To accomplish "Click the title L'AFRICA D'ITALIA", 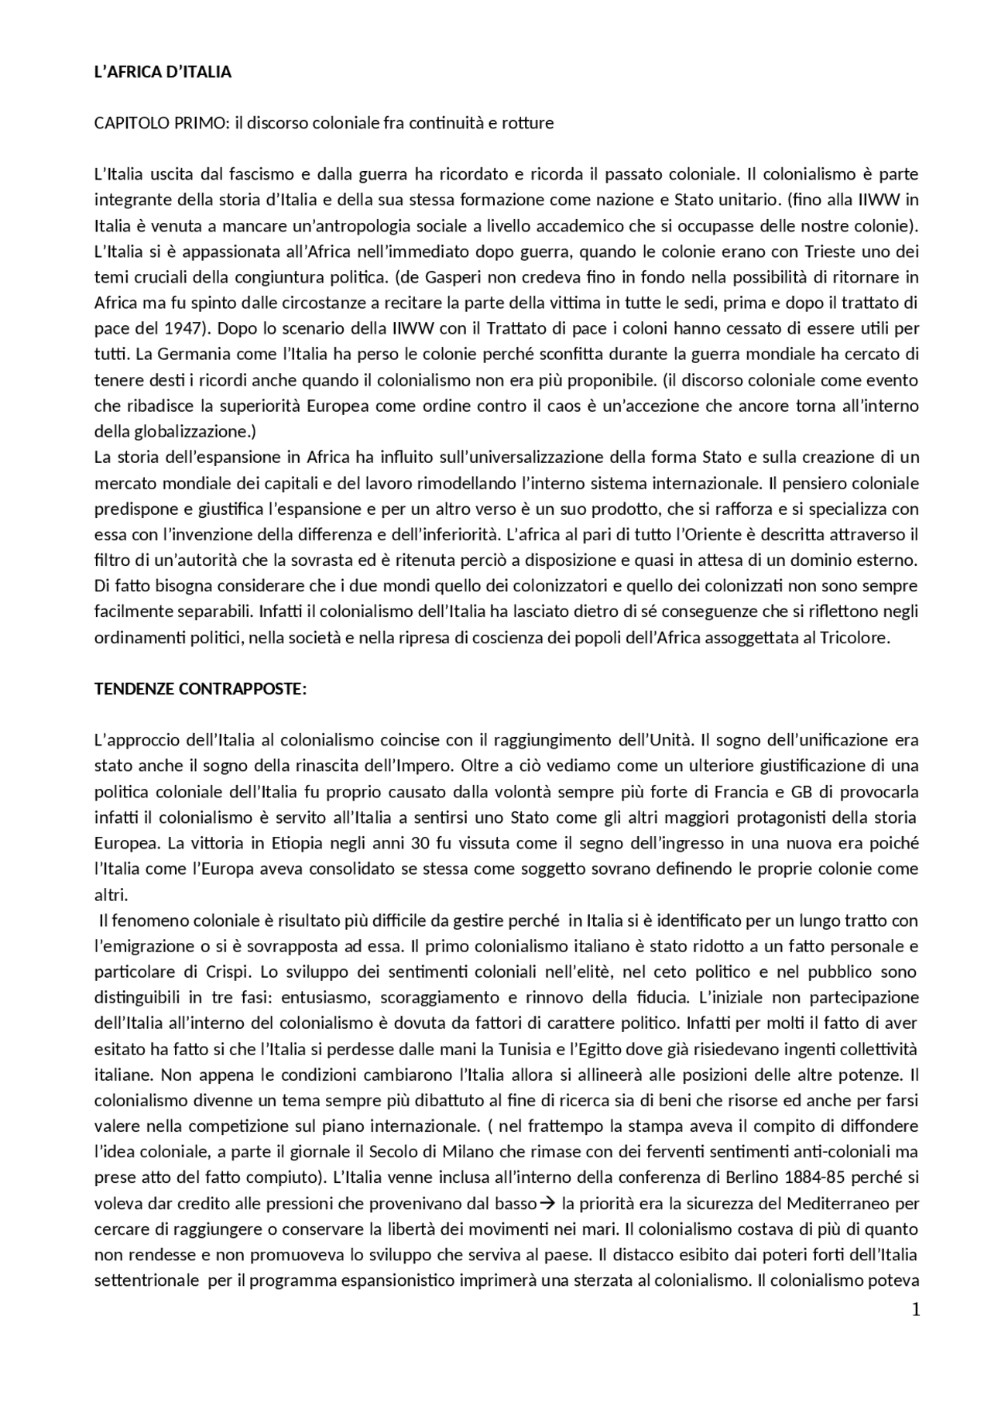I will [163, 72].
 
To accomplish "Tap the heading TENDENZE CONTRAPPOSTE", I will [200, 689].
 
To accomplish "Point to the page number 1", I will [916, 1310].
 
